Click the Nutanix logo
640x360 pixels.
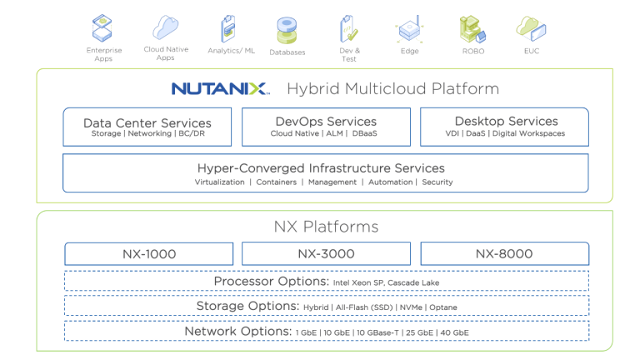click(220, 88)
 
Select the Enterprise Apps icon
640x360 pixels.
click(104, 28)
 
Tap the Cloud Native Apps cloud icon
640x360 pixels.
click(165, 27)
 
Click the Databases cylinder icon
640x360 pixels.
click(287, 30)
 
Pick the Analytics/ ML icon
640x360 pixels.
click(227, 28)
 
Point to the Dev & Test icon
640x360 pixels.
click(348, 28)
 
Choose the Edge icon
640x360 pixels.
click(410, 30)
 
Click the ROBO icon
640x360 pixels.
click(472, 29)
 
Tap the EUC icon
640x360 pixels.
click(531, 28)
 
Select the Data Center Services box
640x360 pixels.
click(147, 127)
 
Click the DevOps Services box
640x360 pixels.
click(326, 127)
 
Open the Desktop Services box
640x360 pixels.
click(504, 127)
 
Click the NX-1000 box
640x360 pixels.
click(147, 253)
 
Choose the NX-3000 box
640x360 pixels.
click(326, 253)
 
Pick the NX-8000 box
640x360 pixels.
click(504, 253)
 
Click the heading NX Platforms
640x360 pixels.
click(326, 227)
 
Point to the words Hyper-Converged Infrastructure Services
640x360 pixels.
click(321, 167)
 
